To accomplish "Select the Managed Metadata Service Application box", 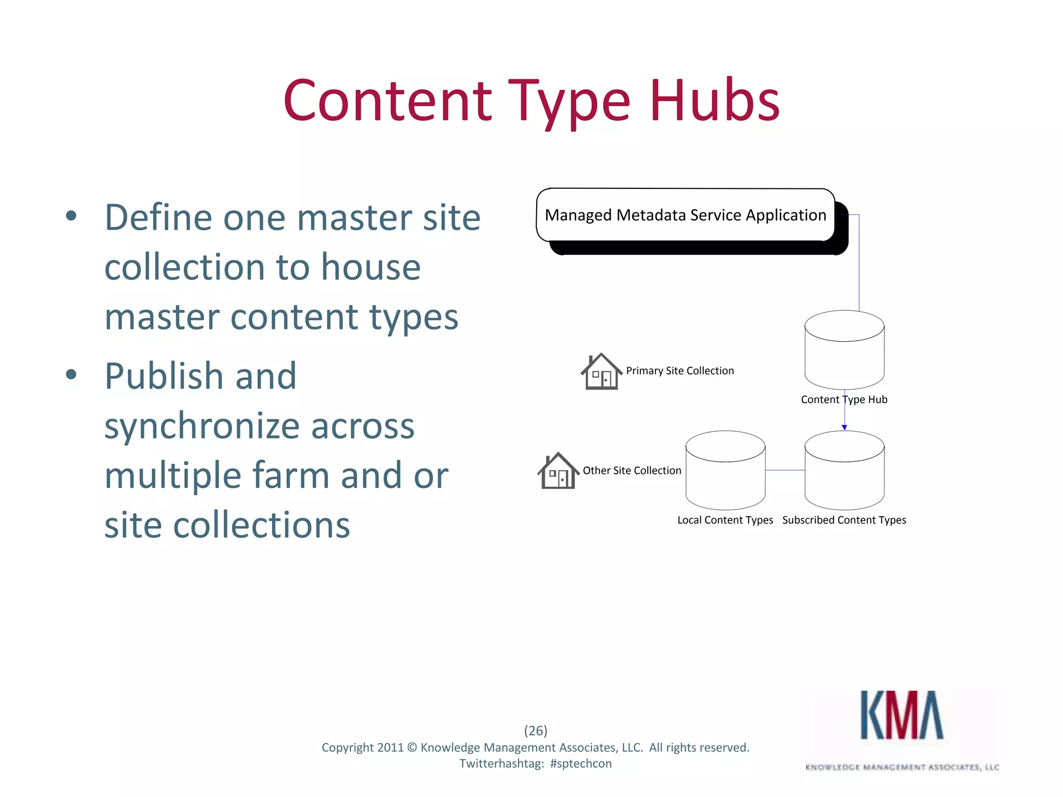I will (685, 215).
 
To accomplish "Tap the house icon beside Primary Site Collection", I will (602, 372).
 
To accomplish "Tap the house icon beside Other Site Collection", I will (558, 471).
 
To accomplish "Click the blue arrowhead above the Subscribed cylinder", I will (844, 428).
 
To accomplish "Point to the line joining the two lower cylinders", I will (785, 470).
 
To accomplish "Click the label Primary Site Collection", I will (680, 371).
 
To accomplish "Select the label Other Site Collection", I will (632, 471).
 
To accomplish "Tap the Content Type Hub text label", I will (844, 400).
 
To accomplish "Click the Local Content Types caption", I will (725, 520).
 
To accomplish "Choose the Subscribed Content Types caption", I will (844, 520).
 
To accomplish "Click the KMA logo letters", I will (902, 716).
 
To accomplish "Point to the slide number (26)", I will (536, 731).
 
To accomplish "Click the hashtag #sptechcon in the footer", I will (581, 764).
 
